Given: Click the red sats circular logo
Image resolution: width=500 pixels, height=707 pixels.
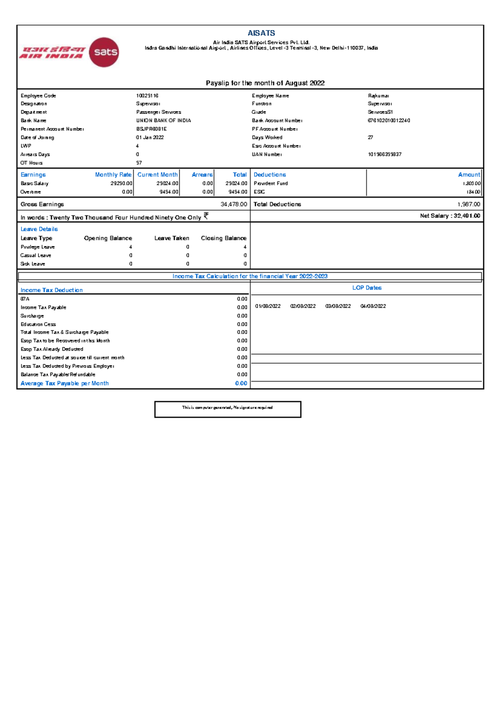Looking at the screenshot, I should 104,52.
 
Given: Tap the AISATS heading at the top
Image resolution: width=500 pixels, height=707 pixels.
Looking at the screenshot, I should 261,33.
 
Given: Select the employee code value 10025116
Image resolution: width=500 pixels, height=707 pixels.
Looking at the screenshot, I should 147,96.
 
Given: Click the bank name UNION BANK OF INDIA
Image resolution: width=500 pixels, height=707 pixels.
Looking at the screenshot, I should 163,120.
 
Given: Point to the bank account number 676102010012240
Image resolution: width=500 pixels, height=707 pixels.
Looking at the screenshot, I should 389,120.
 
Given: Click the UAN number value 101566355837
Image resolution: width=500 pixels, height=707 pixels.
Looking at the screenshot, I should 385,154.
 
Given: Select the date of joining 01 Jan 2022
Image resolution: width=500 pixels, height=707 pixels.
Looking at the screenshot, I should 150,137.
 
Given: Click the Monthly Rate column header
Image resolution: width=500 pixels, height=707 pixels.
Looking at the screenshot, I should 113,175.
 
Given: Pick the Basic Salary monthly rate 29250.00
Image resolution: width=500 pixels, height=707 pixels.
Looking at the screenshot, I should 121,183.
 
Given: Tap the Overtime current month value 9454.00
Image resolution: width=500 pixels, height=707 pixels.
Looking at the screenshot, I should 168,192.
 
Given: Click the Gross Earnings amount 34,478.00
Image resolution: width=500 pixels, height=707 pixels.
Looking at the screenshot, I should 234,204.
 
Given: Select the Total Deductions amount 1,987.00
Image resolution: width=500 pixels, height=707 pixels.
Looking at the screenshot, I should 469,204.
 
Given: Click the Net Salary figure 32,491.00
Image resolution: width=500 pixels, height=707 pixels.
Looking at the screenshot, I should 467,216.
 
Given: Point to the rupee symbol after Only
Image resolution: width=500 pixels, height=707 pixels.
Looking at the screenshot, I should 206,216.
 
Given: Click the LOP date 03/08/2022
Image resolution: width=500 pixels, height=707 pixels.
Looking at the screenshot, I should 338,306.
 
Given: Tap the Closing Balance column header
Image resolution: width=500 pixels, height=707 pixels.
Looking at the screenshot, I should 223,238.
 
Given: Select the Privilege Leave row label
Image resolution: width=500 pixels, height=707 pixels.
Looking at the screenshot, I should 37,247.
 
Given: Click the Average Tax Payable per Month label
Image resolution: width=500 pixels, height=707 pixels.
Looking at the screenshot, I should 65,383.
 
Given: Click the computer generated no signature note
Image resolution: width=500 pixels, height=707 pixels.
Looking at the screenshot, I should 227,408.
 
